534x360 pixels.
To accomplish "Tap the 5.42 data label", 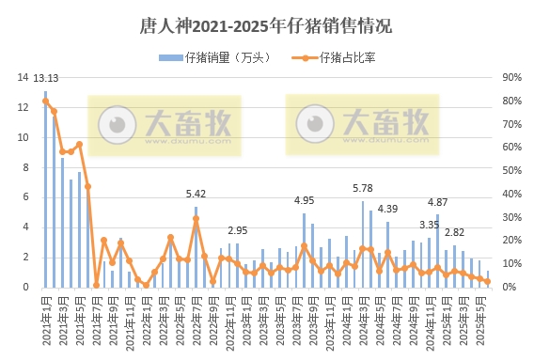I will point(196,194).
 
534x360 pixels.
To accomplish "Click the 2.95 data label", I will point(238,230).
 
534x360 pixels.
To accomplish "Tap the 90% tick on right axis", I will point(511,78).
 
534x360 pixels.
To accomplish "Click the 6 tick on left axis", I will point(25,197).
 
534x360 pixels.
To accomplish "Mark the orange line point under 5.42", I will point(196,219).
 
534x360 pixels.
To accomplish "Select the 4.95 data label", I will point(304,200).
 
